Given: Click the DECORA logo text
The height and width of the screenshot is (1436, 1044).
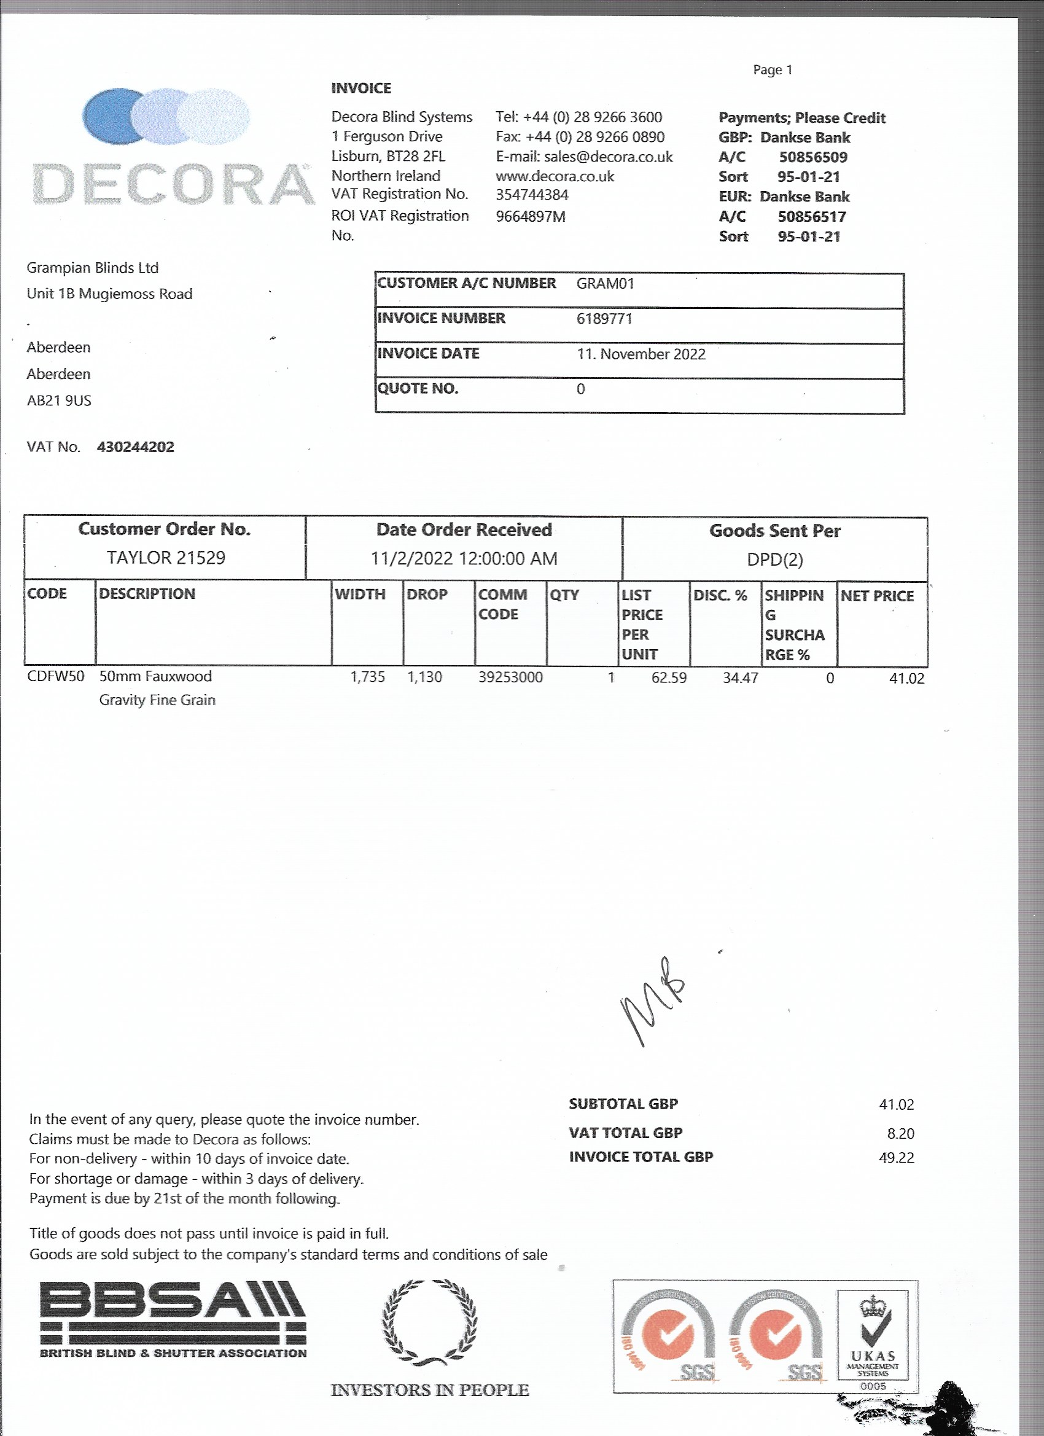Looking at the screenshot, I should [173, 185].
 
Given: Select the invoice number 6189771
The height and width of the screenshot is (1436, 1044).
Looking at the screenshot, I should [604, 319].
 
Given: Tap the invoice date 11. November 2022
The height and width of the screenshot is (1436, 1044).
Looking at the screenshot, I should [641, 354].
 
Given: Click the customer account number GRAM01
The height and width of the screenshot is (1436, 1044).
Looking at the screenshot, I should [605, 284].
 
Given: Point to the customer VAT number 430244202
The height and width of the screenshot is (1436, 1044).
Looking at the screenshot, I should [136, 447].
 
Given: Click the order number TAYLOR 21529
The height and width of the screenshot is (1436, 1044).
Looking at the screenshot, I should [166, 558].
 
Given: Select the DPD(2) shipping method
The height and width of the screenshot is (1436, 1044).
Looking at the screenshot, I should [774, 560].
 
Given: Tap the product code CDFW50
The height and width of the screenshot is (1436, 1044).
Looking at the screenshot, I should [56, 676].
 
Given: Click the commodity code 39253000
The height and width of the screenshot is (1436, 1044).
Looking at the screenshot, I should [510, 677].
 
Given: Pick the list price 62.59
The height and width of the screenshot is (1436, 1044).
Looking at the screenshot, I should [669, 678].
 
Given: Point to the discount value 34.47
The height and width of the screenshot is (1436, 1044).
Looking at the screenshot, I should [740, 678].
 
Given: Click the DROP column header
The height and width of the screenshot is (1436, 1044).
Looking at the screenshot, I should [427, 595].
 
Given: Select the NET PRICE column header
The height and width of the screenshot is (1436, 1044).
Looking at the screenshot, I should [877, 596].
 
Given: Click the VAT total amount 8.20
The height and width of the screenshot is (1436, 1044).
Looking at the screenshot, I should [900, 1133].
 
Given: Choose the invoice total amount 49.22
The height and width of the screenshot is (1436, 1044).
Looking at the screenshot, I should [897, 1157].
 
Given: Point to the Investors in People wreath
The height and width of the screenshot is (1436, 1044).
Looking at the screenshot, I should [430, 1322].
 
